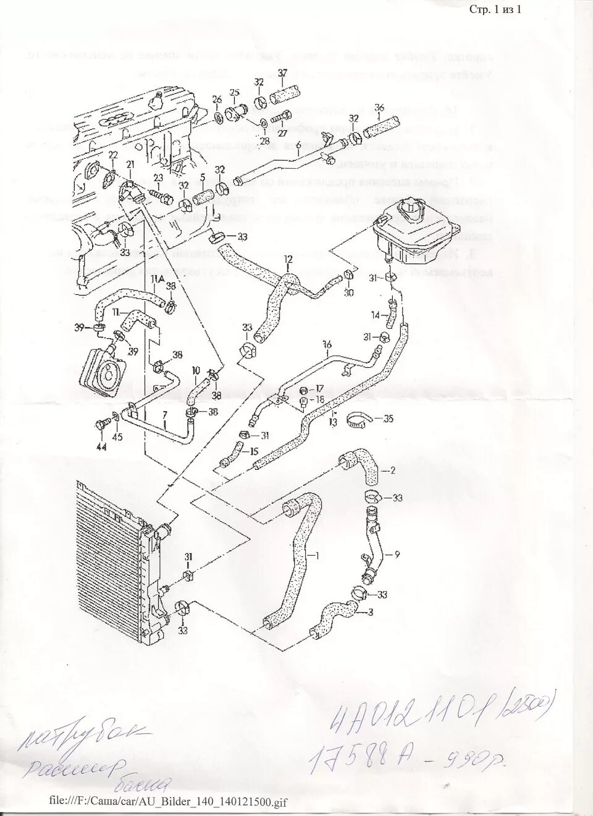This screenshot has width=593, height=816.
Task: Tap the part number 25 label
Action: tap(234, 93)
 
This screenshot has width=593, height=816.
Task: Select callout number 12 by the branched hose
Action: tap(287, 258)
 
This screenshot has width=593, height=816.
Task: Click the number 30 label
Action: tap(350, 293)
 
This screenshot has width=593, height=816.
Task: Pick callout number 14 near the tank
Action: tap(376, 315)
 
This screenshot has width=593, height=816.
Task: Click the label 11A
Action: tap(156, 280)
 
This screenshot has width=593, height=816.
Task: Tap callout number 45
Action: tap(117, 438)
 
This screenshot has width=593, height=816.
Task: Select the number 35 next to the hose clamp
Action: tap(388, 419)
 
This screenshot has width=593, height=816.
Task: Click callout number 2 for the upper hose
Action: tap(392, 470)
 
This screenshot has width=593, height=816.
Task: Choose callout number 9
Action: tap(397, 555)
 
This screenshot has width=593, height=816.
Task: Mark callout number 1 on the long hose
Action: tap(318, 554)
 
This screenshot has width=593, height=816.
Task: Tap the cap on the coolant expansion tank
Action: tap(410, 211)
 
